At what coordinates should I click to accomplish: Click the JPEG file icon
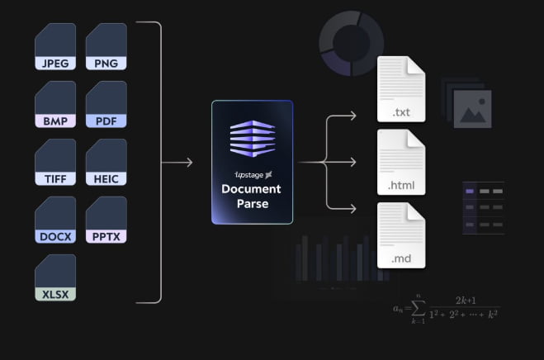click(x=54, y=46)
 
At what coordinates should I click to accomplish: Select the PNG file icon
click(x=106, y=46)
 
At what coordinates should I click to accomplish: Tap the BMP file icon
click(x=54, y=104)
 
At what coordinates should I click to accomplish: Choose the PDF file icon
click(x=106, y=104)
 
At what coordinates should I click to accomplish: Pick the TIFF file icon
click(x=54, y=162)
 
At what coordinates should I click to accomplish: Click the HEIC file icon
click(x=106, y=162)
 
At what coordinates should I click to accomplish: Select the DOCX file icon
click(x=54, y=220)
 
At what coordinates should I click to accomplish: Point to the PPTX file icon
click(x=106, y=220)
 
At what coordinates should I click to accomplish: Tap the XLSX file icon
click(x=54, y=277)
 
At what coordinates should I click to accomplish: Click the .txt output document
click(x=400, y=88)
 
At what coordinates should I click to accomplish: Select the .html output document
click(x=400, y=161)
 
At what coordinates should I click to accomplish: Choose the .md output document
click(x=400, y=234)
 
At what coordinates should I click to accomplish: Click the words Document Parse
click(x=252, y=197)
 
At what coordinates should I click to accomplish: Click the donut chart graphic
click(x=352, y=43)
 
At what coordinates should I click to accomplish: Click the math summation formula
click(x=447, y=307)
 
